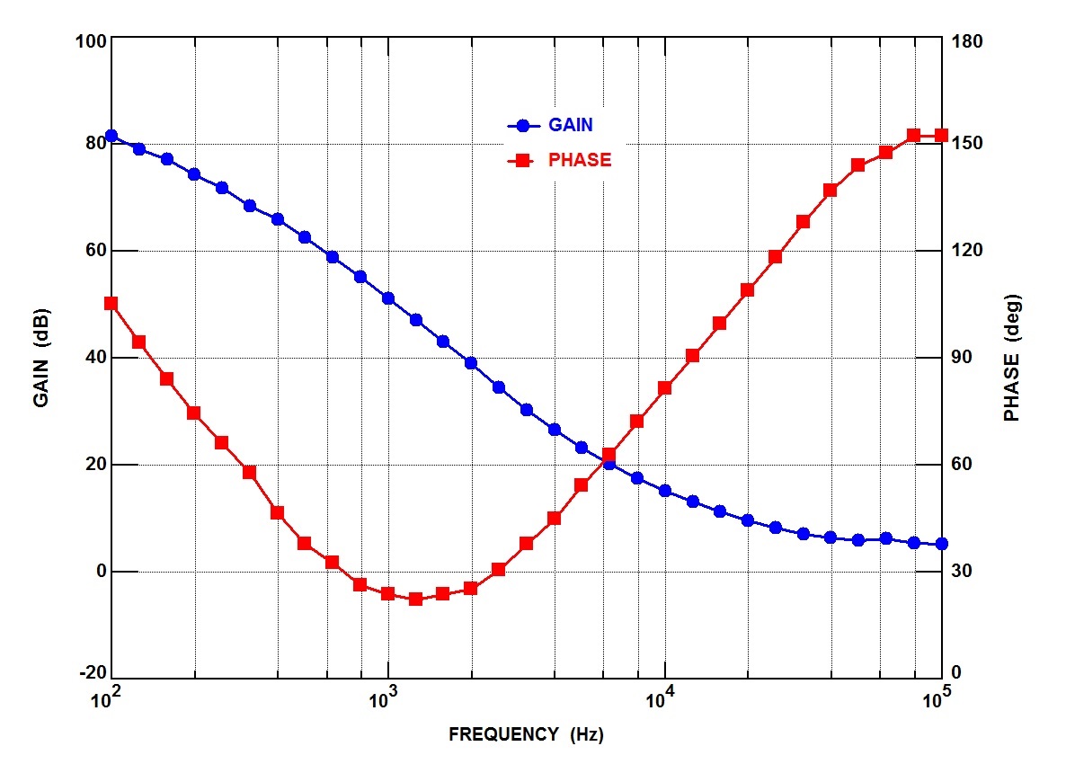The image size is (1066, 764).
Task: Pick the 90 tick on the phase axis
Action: pos(964,358)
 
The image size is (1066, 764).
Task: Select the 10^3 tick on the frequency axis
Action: pos(388,697)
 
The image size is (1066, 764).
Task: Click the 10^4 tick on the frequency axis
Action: pos(665,697)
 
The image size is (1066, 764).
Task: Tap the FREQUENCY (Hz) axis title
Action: pos(526,734)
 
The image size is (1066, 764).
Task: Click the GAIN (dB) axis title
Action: pos(41,358)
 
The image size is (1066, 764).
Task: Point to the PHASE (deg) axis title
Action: pos(1013,358)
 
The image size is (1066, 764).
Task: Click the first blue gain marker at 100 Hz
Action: pos(111,136)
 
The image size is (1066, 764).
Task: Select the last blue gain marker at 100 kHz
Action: pos(941,544)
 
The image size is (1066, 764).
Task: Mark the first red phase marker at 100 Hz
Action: pos(111,304)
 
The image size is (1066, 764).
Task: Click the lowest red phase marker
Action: pos(415,599)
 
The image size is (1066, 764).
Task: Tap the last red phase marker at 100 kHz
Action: pos(941,136)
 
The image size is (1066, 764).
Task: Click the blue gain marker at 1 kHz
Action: pos(388,298)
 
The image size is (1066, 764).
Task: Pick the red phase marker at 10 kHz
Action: pos(665,388)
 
